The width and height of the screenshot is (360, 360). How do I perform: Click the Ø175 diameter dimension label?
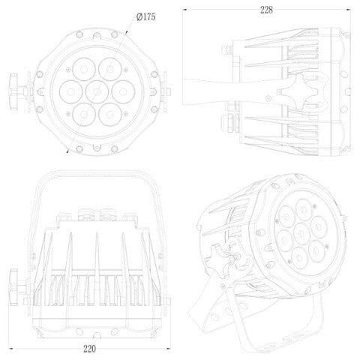point(146,16)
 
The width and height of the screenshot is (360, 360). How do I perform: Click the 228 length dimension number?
point(266,10)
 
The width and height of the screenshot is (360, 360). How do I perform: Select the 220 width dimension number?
point(89,349)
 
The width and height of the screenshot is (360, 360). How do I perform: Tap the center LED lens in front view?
point(97,91)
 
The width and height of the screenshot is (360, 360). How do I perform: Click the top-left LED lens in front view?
point(84,69)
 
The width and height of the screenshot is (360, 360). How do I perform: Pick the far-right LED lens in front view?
point(123,91)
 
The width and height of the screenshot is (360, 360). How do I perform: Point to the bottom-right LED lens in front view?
point(110,115)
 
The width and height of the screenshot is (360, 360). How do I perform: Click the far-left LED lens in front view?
point(71,91)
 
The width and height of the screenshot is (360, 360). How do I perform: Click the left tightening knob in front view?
point(13,91)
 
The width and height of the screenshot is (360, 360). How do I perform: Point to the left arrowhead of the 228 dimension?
point(184,10)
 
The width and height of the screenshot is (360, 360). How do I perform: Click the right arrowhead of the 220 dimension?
point(169,348)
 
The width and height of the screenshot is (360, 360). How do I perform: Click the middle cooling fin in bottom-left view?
point(97,269)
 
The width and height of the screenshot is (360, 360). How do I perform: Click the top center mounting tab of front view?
point(97,36)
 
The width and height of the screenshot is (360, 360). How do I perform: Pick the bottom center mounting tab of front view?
point(97,147)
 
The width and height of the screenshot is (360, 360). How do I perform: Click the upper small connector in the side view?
point(227,49)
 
